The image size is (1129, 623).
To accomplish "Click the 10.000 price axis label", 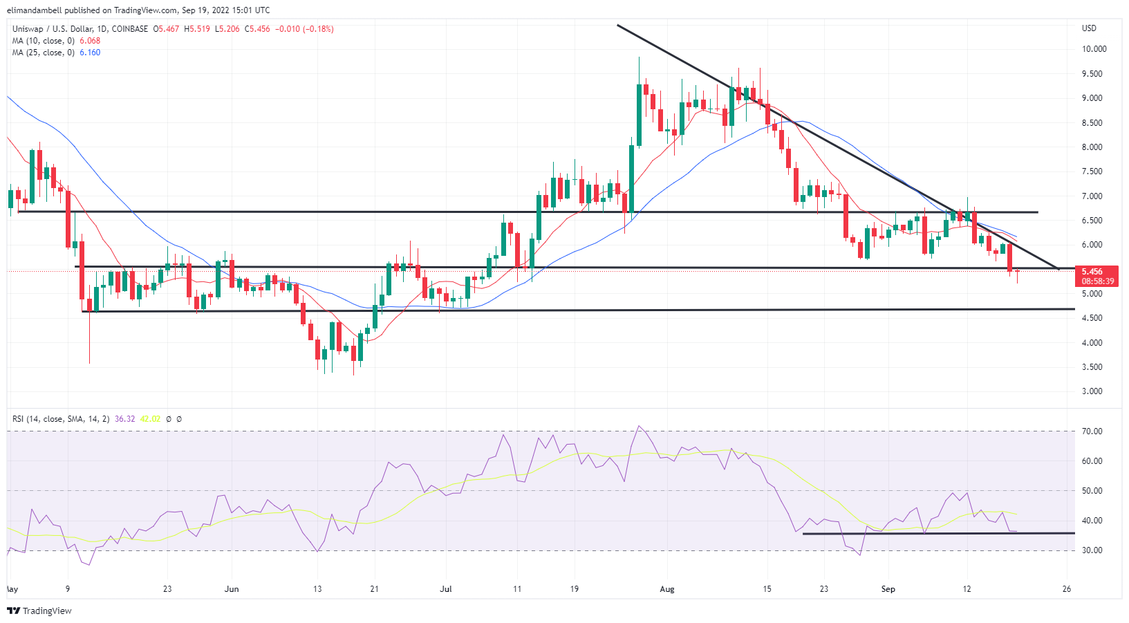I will tap(1094, 49).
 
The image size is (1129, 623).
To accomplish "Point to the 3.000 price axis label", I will tap(1092, 391).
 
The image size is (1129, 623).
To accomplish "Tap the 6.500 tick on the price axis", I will tap(1092, 221).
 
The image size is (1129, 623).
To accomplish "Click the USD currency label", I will tap(1089, 28).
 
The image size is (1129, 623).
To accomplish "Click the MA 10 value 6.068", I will tap(90, 41).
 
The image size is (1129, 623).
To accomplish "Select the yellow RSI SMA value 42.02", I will tap(150, 419).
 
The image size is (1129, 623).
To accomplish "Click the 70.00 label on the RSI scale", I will tap(1092, 431).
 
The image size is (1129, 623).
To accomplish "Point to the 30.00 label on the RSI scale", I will tap(1092, 550).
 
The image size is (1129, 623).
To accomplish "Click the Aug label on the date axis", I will tap(666, 589).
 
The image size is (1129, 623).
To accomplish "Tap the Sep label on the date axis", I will tap(888, 589).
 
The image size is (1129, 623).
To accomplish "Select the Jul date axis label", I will tap(446, 589).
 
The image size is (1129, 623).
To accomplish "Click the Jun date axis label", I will tap(232, 589).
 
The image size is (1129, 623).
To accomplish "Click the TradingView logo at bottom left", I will tap(39, 611).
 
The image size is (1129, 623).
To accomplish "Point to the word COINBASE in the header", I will tap(129, 29).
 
